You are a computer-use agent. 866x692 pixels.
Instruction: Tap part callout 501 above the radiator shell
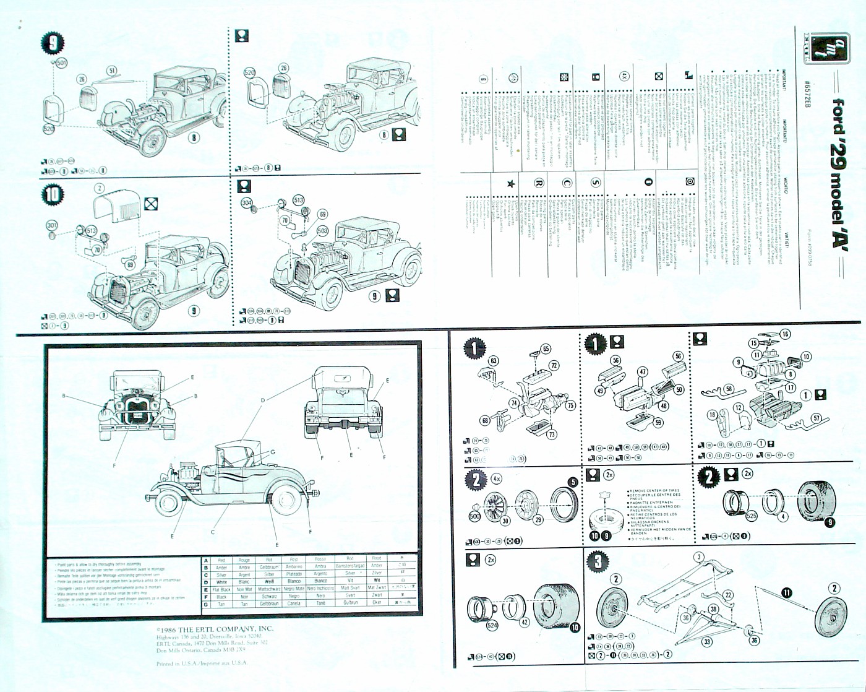pos(61,63)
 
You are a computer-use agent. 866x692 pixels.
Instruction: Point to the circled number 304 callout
pos(247,202)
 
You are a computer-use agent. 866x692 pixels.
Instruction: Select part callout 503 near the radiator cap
pos(322,230)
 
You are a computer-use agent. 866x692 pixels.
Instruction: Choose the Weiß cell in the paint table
pos(269,581)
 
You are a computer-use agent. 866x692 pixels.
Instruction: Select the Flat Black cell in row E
pos(221,589)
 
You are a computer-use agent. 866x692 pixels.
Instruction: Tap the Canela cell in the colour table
pos(294,603)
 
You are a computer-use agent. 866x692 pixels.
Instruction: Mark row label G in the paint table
pos(206,603)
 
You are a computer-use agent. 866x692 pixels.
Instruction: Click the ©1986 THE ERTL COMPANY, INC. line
pos(215,628)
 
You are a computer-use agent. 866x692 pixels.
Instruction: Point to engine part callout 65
pos(546,349)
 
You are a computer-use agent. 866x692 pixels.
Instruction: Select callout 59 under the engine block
pos(658,423)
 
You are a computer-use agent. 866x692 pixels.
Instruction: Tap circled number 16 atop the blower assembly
pos(785,334)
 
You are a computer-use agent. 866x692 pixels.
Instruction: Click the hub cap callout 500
pos(474,516)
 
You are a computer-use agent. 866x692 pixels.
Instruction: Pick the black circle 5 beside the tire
pos(573,482)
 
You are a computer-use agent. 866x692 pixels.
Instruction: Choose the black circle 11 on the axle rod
pos(786,592)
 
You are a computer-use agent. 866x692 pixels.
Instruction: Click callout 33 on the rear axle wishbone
pos(706,642)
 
